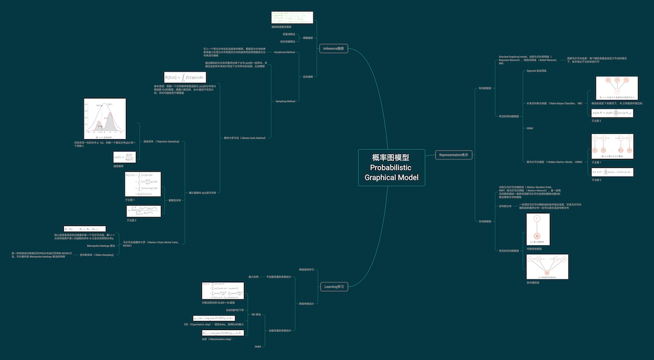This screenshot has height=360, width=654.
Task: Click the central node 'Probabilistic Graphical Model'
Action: [x=391, y=167]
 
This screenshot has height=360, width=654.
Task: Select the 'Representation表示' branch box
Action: [x=454, y=154]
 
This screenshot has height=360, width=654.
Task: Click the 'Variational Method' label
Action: [x=285, y=52]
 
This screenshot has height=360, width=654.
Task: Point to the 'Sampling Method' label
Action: [x=285, y=101]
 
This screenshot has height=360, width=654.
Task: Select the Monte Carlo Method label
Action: [x=244, y=137]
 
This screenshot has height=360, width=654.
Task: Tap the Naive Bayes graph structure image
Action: [x=616, y=89]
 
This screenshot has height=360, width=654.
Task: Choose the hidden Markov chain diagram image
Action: [x=612, y=147]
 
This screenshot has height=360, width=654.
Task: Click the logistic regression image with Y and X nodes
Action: [x=537, y=229]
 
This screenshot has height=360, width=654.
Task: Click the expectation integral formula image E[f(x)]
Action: [x=190, y=77]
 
